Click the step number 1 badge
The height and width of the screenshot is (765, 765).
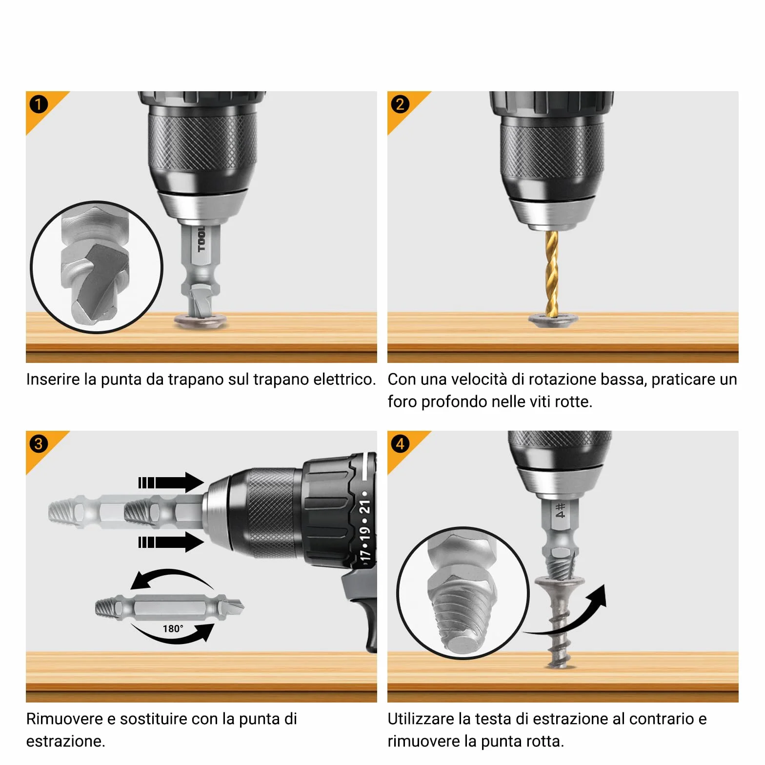39,104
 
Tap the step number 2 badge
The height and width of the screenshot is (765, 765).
400,104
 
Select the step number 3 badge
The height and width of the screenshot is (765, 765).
39,443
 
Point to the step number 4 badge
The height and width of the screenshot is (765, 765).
400,443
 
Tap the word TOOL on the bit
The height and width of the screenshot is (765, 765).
201,239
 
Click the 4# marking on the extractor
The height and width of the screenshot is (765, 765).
560,510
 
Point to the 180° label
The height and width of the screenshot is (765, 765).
173,628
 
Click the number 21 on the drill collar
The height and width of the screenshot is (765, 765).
364,507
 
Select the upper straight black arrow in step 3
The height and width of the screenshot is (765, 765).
171,483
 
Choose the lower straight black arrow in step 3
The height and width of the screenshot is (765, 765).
171,542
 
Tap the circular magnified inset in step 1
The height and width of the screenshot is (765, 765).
97,267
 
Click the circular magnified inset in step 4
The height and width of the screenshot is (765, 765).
463,593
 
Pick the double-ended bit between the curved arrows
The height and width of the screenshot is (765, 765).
169,607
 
